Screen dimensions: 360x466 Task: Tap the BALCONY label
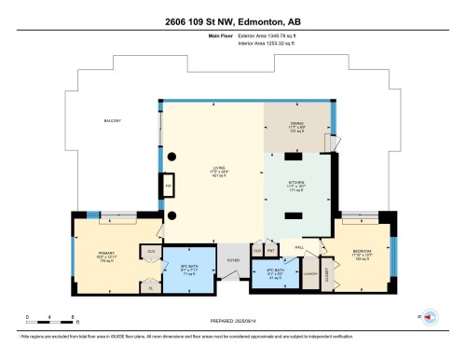(x=113, y=120)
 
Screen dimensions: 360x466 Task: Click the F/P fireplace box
(x=169, y=187)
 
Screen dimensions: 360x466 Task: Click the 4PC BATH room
(x=275, y=275)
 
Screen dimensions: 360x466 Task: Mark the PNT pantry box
(x=270, y=251)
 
